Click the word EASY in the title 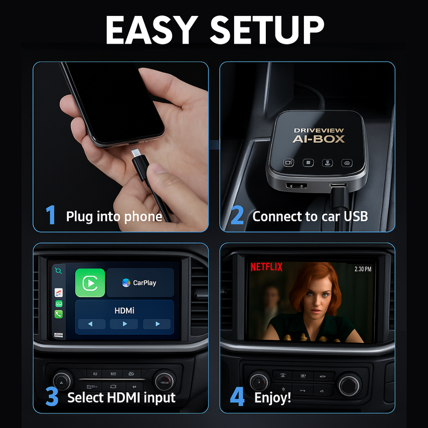[x=152, y=30]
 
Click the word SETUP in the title [x=267, y=30]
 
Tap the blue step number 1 [x=51, y=215]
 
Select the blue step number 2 [x=237, y=215]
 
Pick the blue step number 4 [x=237, y=396]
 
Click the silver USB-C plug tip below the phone [x=136, y=153]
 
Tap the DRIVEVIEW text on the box [x=318, y=131]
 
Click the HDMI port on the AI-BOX [x=297, y=186]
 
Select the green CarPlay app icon [x=90, y=283]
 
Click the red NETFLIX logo [x=266, y=267]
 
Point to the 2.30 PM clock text [x=363, y=269]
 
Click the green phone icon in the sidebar [x=58, y=314]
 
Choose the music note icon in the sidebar [x=58, y=293]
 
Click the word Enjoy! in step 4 [x=272, y=398]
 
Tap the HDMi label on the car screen [x=124, y=311]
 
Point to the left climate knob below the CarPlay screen [x=62, y=380]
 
